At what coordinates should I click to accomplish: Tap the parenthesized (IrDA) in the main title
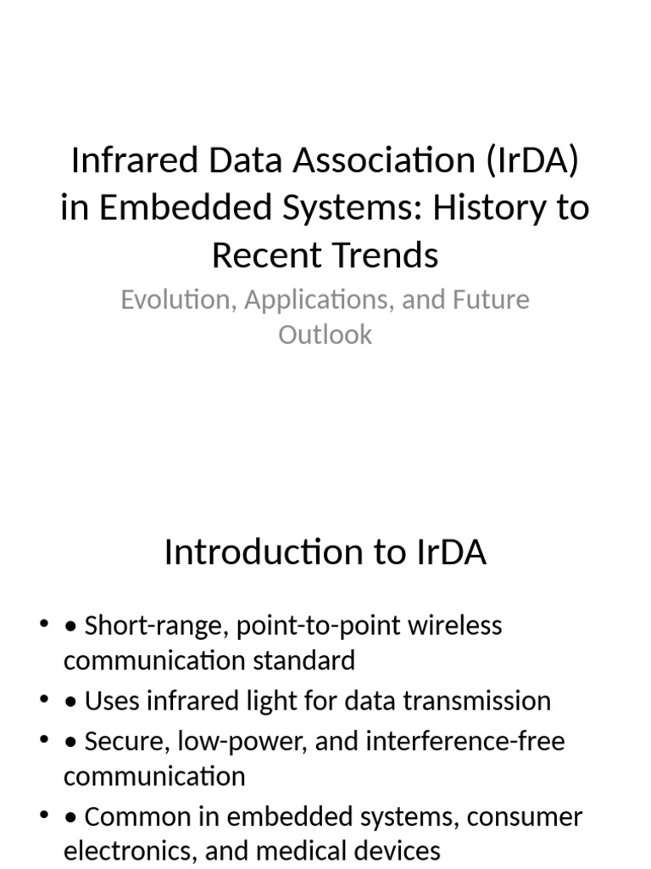point(533,160)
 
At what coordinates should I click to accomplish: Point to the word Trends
point(385,255)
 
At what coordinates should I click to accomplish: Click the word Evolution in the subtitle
point(172,300)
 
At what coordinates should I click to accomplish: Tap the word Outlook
point(325,334)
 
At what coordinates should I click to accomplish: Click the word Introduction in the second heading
point(259,552)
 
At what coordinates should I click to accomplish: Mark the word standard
point(304,660)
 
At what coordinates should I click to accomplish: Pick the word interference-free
point(465,742)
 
